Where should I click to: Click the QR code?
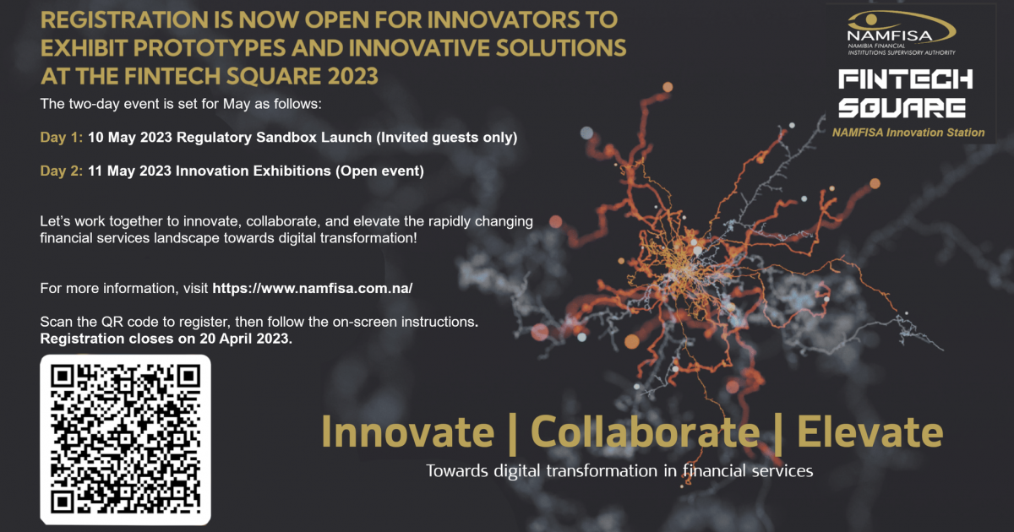(x=125, y=440)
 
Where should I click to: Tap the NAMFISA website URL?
(x=313, y=289)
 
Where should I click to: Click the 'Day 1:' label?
(x=62, y=138)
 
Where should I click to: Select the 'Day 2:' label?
(x=62, y=171)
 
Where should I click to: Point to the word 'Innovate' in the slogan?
(x=408, y=432)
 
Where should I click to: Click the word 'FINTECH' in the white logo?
(x=905, y=79)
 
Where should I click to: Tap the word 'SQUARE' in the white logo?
(x=902, y=108)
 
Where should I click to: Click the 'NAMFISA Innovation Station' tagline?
(x=908, y=133)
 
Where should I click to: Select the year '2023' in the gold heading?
(x=352, y=76)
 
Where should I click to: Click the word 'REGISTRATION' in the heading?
(x=124, y=20)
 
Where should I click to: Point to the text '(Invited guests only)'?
(x=447, y=138)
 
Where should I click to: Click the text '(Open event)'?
(x=379, y=171)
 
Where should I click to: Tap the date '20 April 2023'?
(x=244, y=339)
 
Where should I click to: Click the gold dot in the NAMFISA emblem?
(x=870, y=19)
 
